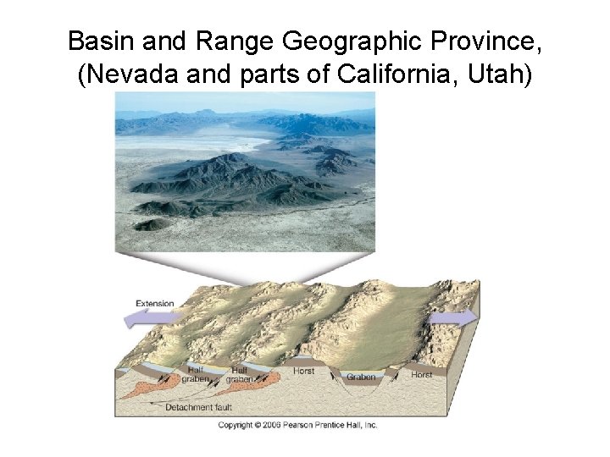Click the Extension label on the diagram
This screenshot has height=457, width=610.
154,304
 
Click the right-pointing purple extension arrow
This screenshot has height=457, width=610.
454,318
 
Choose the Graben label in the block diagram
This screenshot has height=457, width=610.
361,377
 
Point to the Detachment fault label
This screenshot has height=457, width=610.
198,407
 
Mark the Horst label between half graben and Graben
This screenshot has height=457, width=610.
302,371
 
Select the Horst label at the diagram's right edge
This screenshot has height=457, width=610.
421,374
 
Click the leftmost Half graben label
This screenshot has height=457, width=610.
195,375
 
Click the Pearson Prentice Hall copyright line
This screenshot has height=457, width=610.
297,425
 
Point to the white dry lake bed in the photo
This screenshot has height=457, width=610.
195,142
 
